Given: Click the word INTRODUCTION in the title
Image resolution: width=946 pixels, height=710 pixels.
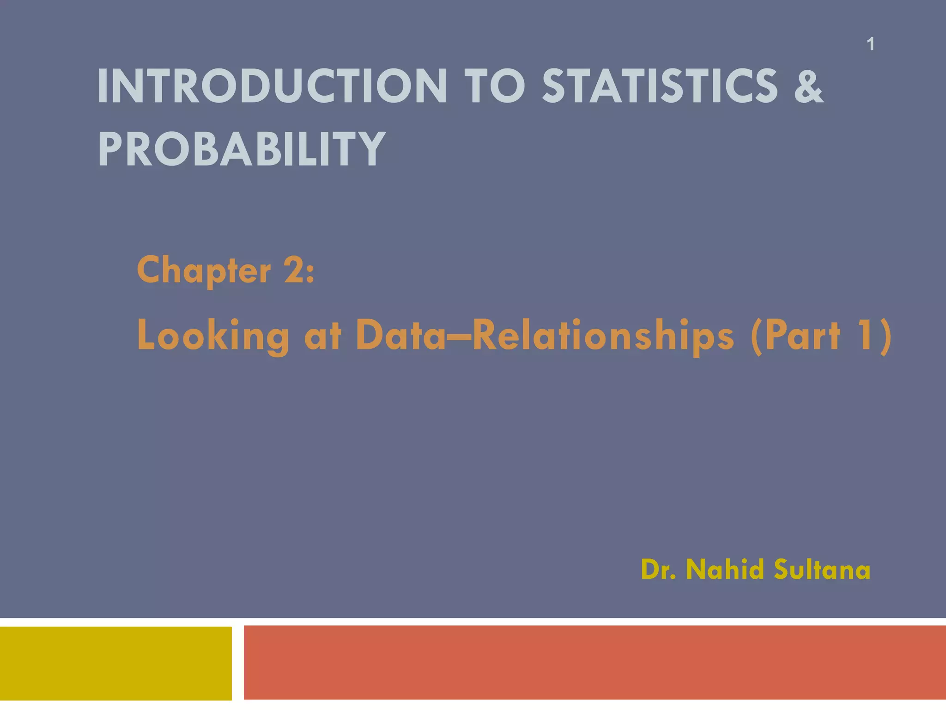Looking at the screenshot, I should [x=272, y=86].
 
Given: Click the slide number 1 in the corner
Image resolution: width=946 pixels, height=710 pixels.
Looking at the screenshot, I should [x=870, y=44].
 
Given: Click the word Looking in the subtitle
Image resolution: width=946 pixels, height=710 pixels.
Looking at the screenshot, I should [x=213, y=336].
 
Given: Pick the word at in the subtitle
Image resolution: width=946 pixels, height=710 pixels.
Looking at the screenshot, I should [x=322, y=336].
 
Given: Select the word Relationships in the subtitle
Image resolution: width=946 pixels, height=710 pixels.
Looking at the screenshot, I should [x=602, y=336].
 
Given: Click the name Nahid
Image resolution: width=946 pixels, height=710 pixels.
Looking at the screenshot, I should [x=724, y=569].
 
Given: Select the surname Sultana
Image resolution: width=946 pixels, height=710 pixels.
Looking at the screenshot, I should [x=822, y=569].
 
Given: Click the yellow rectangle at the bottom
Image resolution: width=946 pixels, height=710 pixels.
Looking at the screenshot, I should [x=115, y=663].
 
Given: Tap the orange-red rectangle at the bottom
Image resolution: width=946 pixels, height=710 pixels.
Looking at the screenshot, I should [x=594, y=662].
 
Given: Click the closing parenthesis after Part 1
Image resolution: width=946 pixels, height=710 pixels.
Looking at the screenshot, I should [x=885, y=336].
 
